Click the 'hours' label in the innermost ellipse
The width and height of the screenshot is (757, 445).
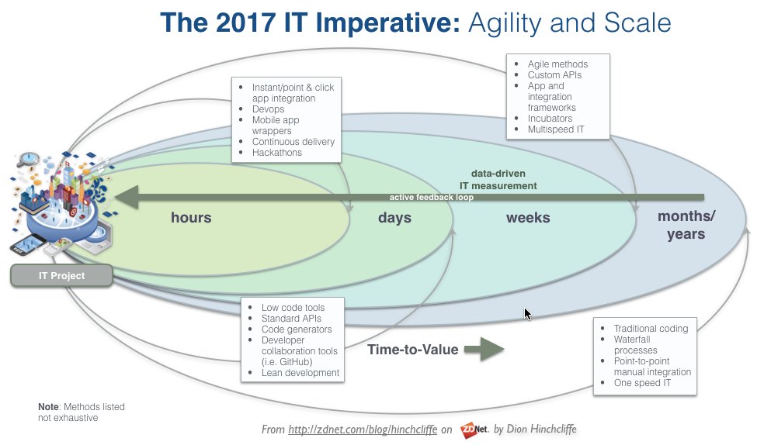click(x=191, y=218)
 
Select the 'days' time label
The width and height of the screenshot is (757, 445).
click(x=394, y=218)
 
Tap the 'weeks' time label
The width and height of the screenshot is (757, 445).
click(x=528, y=218)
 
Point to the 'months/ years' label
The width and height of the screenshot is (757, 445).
click(x=686, y=225)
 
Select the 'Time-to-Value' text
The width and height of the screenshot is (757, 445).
click(x=412, y=350)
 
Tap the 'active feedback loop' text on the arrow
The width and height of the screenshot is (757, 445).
click(x=432, y=198)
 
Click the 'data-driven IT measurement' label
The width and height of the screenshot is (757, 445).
click(x=504, y=180)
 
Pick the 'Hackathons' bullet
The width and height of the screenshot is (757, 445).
click(x=276, y=153)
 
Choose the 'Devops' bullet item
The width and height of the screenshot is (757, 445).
click(x=268, y=109)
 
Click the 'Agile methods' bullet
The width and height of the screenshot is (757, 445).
click(x=557, y=64)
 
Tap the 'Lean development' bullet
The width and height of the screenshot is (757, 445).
click(x=300, y=373)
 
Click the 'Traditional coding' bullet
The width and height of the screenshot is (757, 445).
click(x=651, y=329)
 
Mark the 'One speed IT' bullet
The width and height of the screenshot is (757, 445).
click(x=642, y=383)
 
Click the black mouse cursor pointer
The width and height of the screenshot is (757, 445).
click(x=528, y=313)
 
